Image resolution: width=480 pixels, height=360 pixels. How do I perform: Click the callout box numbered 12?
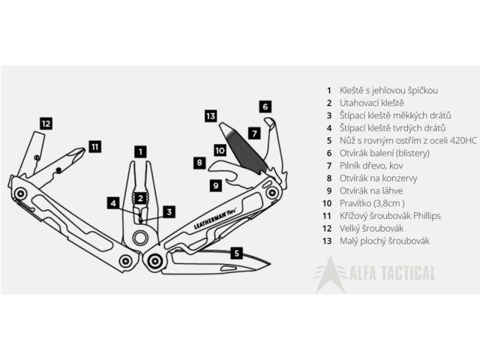click(x=46, y=124)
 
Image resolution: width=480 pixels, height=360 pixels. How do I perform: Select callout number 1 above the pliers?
click(x=140, y=152)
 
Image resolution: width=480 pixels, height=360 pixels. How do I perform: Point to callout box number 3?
click(x=169, y=211)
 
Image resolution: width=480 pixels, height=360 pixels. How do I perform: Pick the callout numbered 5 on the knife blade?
click(x=238, y=253)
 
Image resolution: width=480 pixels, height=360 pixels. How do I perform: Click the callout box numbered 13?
click(x=210, y=116)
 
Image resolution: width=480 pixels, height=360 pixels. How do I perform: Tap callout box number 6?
click(x=265, y=107)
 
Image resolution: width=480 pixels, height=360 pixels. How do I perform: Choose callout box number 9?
click(x=216, y=185)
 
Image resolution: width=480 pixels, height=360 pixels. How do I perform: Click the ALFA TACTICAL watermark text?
click(x=392, y=275)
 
